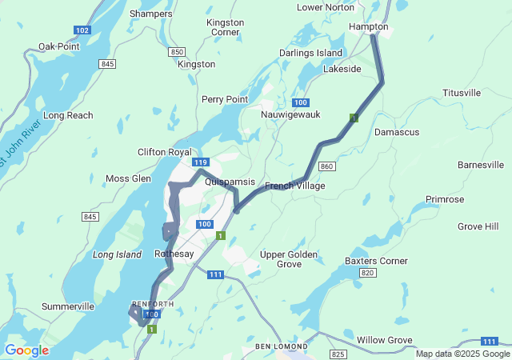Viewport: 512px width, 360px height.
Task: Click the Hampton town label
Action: click(x=368, y=26)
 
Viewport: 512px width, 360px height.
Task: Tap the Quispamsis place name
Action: click(x=230, y=182)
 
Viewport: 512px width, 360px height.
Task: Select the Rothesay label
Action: click(x=174, y=254)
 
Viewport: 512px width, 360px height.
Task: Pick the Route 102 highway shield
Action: click(x=81, y=30)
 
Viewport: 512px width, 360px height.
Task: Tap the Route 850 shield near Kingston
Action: click(x=177, y=52)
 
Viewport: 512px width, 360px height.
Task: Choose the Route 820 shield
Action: click(x=367, y=273)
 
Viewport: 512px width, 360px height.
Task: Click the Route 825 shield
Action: click(x=338, y=354)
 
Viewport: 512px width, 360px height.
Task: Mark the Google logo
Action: click(x=26, y=350)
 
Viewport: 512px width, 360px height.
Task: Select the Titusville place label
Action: click(x=462, y=93)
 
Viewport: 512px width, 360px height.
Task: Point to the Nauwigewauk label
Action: click(x=290, y=114)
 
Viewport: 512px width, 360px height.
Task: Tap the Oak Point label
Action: click(x=58, y=46)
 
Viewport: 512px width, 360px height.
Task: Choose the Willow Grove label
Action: click(x=384, y=340)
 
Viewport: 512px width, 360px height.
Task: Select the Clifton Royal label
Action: click(x=165, y=152)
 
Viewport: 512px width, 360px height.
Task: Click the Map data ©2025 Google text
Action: click(x=462, y=354)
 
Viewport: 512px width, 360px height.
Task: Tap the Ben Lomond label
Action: click(x=280, y=346)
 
